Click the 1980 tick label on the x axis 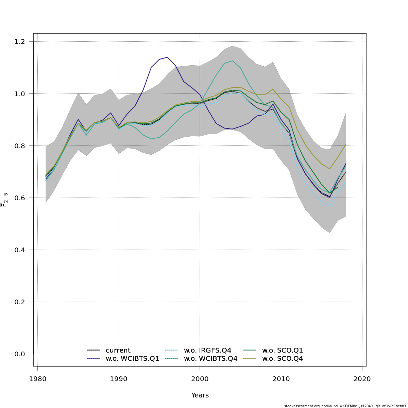click(x=37, y=379)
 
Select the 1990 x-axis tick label click(x=119, y=379)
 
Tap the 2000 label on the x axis click(x=200, y=379)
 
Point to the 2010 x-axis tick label click(x=281, y=379)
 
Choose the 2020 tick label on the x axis click(x=362, y=379)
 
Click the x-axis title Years click(x=200, y=395)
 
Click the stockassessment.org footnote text click(x=345, y=406)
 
